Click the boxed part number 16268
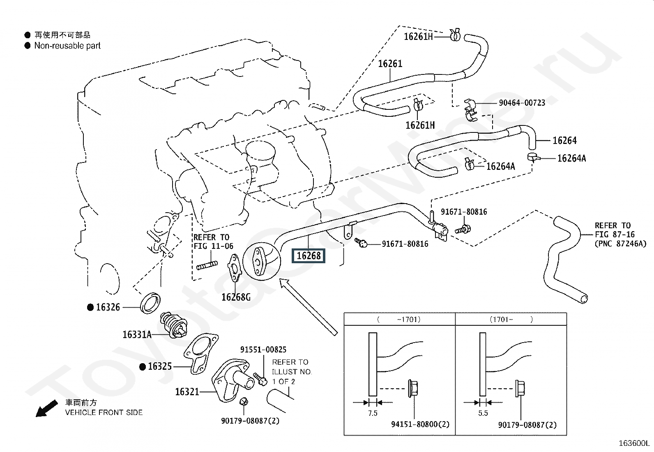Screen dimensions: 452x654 (309, 256)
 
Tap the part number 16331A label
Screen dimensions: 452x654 (137, 334)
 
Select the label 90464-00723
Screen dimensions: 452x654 (522, 102)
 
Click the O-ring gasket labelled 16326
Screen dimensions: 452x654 (150, 303)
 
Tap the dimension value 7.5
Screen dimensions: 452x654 (372, 413)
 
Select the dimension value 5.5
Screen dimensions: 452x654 (483, 413)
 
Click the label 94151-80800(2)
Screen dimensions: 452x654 (420, 424)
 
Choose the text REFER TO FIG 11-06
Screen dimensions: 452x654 (213, 242)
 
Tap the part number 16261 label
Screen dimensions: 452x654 (390, 64)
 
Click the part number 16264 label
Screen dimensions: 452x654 (564, 141)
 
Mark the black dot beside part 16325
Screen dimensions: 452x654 (142, 366)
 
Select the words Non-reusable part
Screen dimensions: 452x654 (67, 46)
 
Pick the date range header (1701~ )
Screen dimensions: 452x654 (511, 319)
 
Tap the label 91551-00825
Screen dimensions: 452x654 (263, 350)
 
